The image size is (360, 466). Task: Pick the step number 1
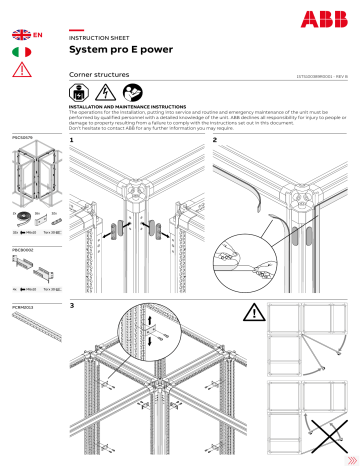point(72,142)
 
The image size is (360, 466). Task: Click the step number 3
point(72,305)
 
